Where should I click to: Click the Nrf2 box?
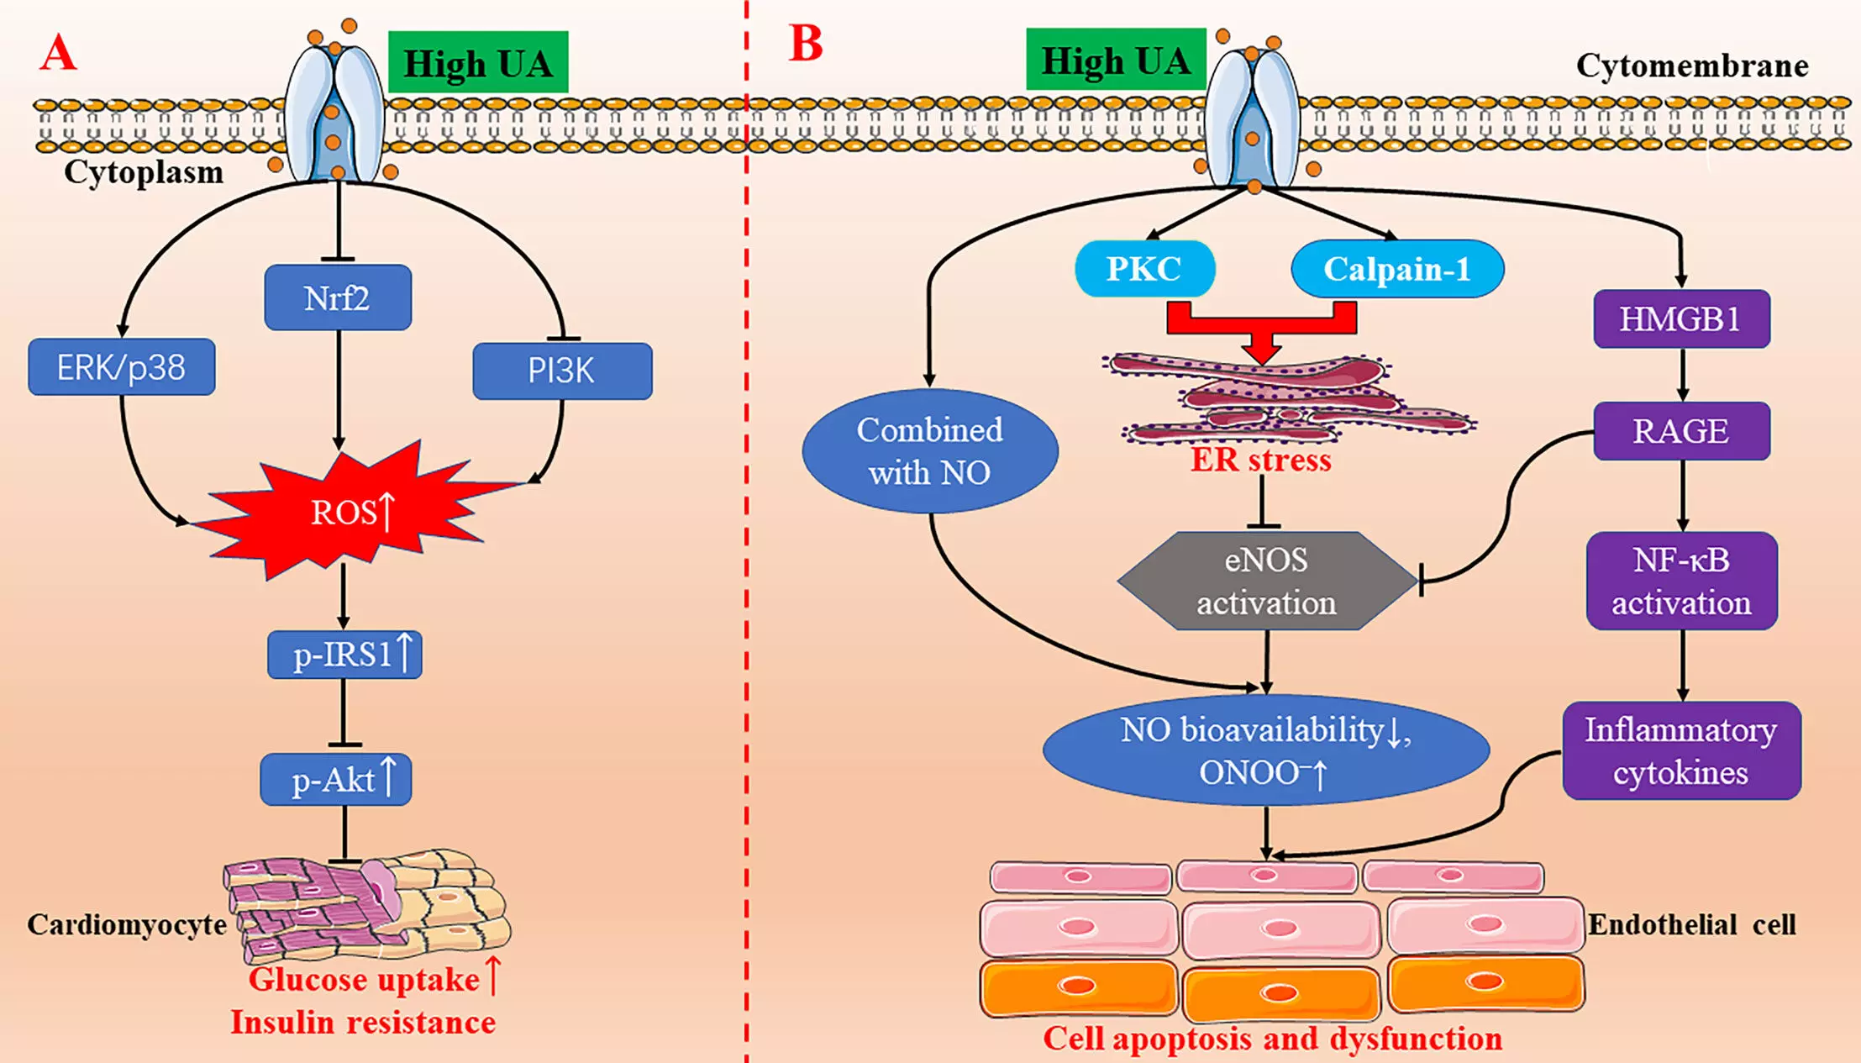coord(338,297)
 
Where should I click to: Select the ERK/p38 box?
coord(122,367)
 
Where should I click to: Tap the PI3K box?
coord(562,371)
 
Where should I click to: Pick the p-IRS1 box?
coord(344,655)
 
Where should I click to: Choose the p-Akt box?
coord(336,780)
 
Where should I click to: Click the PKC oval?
coord(1144,269)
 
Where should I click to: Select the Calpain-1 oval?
coord(1397,269)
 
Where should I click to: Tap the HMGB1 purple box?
coord(1681,319)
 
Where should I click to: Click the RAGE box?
coord(1681,431)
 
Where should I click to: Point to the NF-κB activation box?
coord(1681,581)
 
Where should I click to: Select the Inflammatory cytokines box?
coord(1681,750)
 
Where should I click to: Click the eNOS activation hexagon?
coord(1266,581)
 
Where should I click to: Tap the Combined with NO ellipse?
coord(930,451)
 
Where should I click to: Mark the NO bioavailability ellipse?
coord(1265,750)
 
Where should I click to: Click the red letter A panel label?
coord(59,54)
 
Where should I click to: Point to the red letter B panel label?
coord(806,44)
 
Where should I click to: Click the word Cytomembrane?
coord(1691,66)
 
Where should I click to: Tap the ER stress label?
coord(1260,460)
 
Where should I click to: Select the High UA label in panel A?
coord(478,63)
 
